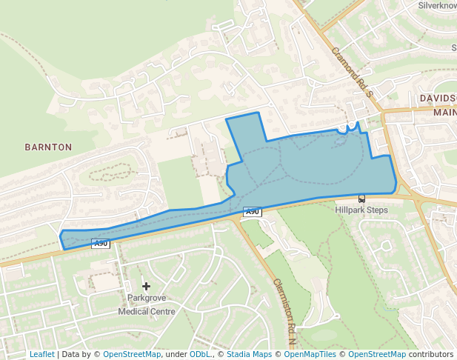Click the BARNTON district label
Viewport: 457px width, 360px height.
[x=48, y=147]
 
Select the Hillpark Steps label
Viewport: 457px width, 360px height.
[x=361, y=210]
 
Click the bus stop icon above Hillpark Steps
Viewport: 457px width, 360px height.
[x=361, y=199]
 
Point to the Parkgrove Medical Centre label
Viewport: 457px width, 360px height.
[x=147, y=304]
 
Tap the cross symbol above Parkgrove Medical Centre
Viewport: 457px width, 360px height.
[x=146, y=285]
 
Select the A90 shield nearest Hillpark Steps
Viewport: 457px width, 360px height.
[x=253, y=212]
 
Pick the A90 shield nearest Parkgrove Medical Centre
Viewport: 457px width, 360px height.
[x=101, y=243]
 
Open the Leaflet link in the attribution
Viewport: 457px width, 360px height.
[x=41, y=354]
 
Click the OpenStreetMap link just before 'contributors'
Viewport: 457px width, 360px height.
[x=377, y=354]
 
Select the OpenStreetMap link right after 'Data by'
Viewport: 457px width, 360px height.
[x=132, y=354]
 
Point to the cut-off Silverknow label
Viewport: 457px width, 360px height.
[x=437, y=5]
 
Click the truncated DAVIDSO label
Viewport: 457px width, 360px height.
[x=438, y=98]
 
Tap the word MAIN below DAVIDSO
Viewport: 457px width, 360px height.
[x=445, y=112]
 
